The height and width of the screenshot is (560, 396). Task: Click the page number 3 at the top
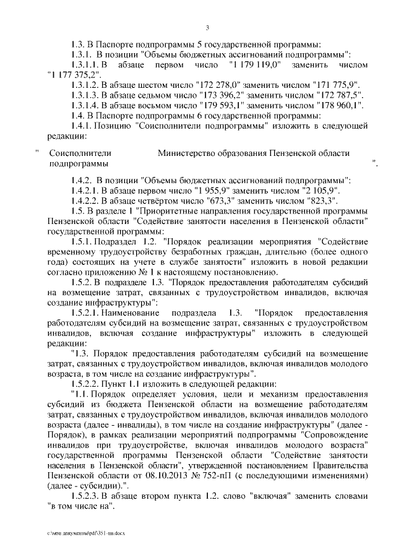pyautogui.click(x=207, y=27)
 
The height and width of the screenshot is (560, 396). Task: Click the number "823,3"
pyautogui.click(x=318, y=200)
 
